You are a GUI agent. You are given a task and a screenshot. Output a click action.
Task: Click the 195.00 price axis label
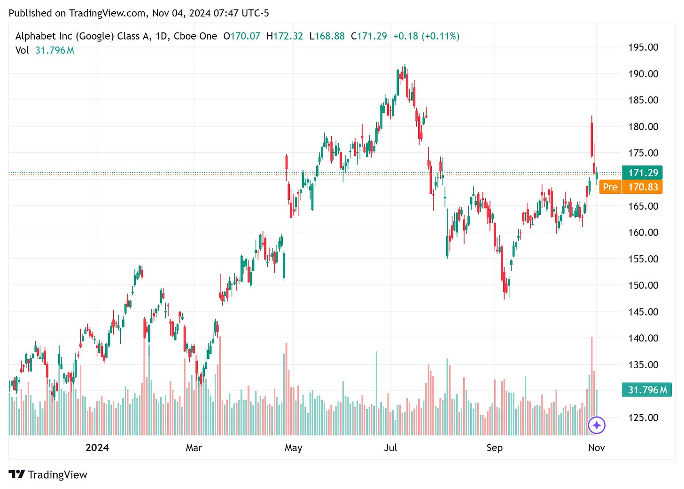click(643, 47)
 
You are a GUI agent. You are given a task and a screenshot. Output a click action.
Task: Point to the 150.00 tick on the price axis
click(643, 285)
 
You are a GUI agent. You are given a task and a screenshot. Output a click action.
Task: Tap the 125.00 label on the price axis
click(643, 417)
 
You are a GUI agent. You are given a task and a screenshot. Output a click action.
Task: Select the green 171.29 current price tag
click(642, 173)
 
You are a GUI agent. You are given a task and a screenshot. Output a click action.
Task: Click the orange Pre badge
click(610, 187)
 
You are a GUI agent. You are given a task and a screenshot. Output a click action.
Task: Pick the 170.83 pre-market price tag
click(643, 187)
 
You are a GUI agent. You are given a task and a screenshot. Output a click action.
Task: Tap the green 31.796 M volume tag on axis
click(647, 390)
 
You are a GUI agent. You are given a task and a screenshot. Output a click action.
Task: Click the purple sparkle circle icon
click(597, 426)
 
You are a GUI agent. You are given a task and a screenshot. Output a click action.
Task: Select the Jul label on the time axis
click(390, 448)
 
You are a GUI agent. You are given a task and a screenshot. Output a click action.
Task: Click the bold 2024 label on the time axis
click(97, 448)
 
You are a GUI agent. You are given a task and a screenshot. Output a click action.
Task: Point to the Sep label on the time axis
click(494, 448)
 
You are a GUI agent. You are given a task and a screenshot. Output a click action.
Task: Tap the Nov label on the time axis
click(596, 448)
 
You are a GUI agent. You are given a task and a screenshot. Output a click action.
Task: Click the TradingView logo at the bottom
click(48, 474)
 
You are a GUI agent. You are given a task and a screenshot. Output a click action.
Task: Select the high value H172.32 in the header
click(285, 36)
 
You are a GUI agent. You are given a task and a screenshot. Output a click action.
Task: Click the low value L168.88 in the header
click(327, 36)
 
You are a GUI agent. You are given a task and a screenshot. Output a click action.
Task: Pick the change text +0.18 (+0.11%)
click(426, 36)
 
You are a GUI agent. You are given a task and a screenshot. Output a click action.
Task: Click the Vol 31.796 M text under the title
click(45, 50)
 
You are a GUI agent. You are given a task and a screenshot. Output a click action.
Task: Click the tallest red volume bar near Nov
click(592, 386)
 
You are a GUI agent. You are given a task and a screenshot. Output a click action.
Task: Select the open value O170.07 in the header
click(241, 36)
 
